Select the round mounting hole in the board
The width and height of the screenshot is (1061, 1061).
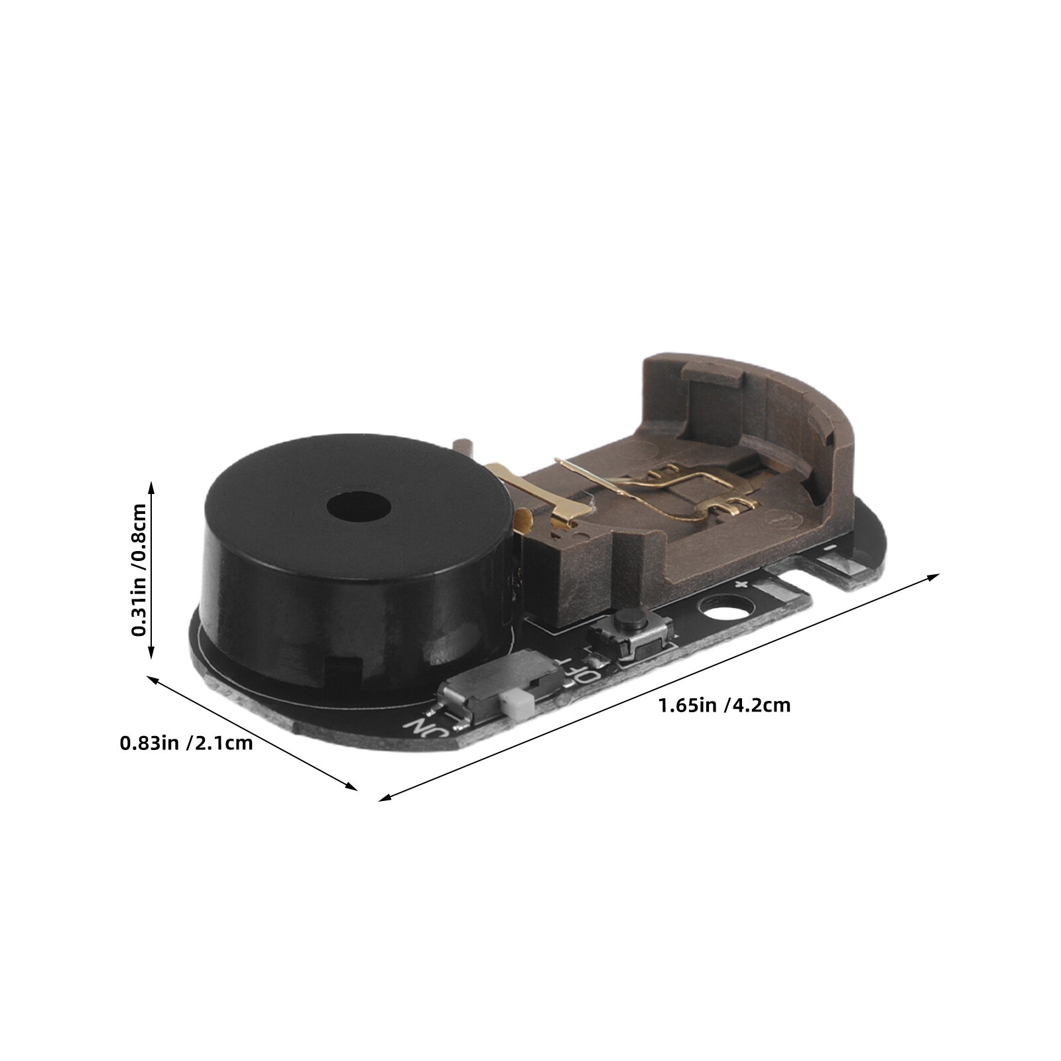727,606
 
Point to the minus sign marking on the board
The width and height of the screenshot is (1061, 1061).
828,548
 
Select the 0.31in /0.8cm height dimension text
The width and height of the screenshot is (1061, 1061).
139,570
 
